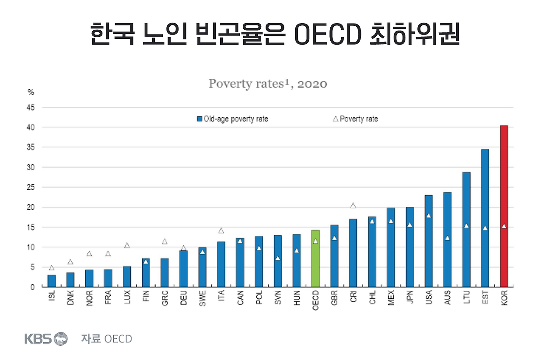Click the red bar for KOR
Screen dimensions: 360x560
504,206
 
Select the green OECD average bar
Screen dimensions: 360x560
315,258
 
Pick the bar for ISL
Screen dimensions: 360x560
52,281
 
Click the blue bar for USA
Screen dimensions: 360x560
428,241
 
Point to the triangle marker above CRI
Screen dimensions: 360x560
353,206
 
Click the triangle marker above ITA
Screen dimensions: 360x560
221,231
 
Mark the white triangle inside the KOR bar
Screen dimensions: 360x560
504,227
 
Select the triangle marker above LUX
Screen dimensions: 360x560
127,245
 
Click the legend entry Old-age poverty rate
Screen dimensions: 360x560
232,119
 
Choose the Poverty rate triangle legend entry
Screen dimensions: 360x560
355,119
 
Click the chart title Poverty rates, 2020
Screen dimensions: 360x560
268,84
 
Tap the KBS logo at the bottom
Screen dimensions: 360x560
46,339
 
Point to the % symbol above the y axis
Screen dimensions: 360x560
31,92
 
